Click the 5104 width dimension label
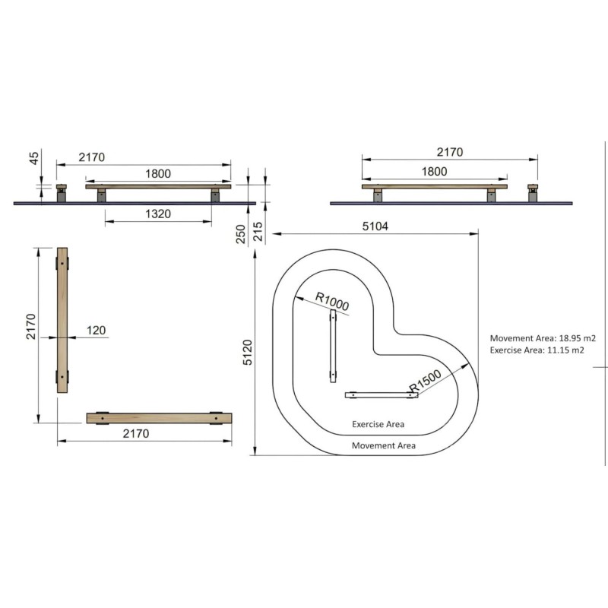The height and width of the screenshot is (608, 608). pyautogui.click(x=375, y=226)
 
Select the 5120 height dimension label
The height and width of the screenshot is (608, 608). pyautogui.click(x=248, y=353)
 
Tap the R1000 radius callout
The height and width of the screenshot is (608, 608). pyautogui.click(x=332, y=301)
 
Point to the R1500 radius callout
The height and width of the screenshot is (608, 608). pyautogui.click(x=426, y=381)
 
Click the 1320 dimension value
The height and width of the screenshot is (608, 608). pyautogui.click(x=158, y=214)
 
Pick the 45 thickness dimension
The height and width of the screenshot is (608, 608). pyautogui.click(x=34, y=158)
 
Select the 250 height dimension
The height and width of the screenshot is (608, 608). pyautogui.click(x=241, y=234)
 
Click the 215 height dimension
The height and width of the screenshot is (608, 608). pyautogui.click(x=258, y=232)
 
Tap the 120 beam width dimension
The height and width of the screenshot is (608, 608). pyautogui.click(x=96, y=330)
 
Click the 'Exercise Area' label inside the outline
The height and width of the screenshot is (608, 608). pyautogui.click(x=378, y=424)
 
